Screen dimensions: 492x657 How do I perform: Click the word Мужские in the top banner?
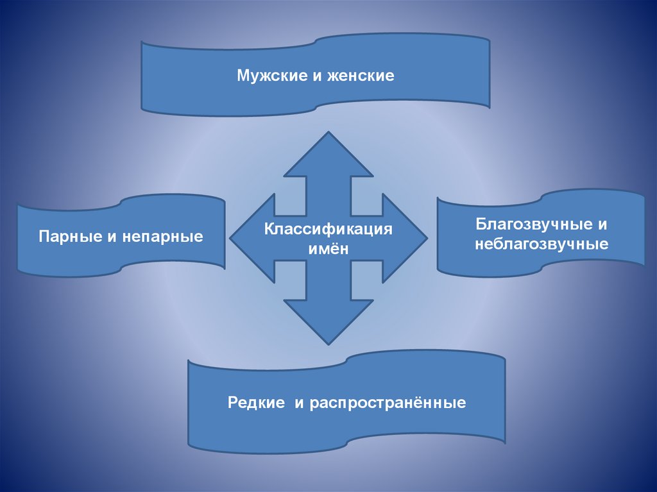[265, 76]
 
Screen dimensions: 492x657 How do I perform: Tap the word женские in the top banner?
[361, 76]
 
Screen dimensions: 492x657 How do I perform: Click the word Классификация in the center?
[328, 229]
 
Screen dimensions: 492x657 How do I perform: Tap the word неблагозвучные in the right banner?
[542, 244]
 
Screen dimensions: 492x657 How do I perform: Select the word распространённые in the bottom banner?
[388, 403]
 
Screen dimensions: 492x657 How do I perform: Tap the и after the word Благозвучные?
[602, 225]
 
